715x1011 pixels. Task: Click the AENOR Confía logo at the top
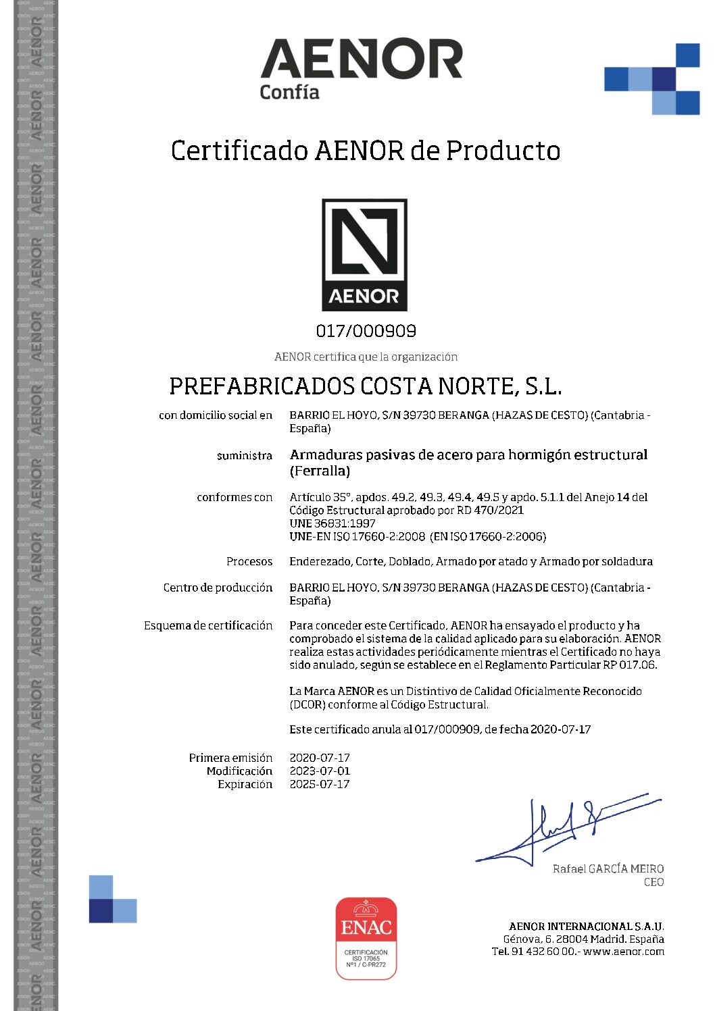pos(361,68)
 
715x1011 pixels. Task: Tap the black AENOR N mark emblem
pos(364,254)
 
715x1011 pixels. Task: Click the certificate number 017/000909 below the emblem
pos(366,331)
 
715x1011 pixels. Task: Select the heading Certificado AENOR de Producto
pos(365,151)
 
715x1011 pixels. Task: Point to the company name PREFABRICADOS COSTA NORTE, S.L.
pos(365,386)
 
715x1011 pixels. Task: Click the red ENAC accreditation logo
pos(366,937)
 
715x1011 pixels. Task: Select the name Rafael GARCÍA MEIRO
pos(608,869)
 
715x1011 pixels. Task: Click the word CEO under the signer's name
pos(654,882)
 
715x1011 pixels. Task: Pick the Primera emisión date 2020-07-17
pos(320,758)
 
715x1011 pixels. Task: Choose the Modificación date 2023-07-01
pos(320,771)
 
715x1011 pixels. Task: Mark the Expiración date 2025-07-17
pos(320,784)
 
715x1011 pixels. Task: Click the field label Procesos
pos(249,561)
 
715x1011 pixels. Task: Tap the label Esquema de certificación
pos(208,625)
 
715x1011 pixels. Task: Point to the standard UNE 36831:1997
pos(332,523)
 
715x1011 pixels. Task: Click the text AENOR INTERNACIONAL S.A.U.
pos(586,926)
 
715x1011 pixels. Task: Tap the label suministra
pos(245,456)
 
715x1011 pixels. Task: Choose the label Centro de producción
pos(218,588)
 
